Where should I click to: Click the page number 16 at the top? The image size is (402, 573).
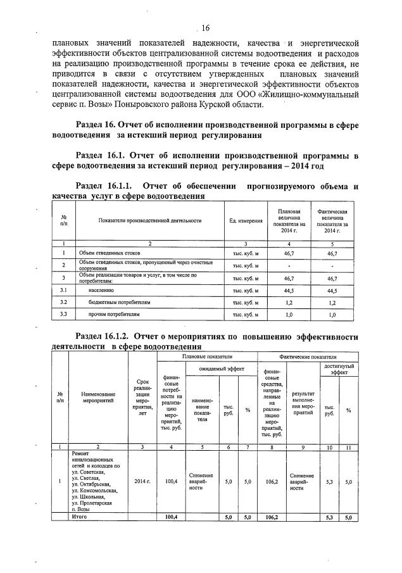point(204,27)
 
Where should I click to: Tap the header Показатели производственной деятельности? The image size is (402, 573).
point(150,220)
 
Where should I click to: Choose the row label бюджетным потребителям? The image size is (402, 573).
point(115,302)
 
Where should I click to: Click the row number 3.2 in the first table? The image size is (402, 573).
point(63,302)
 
